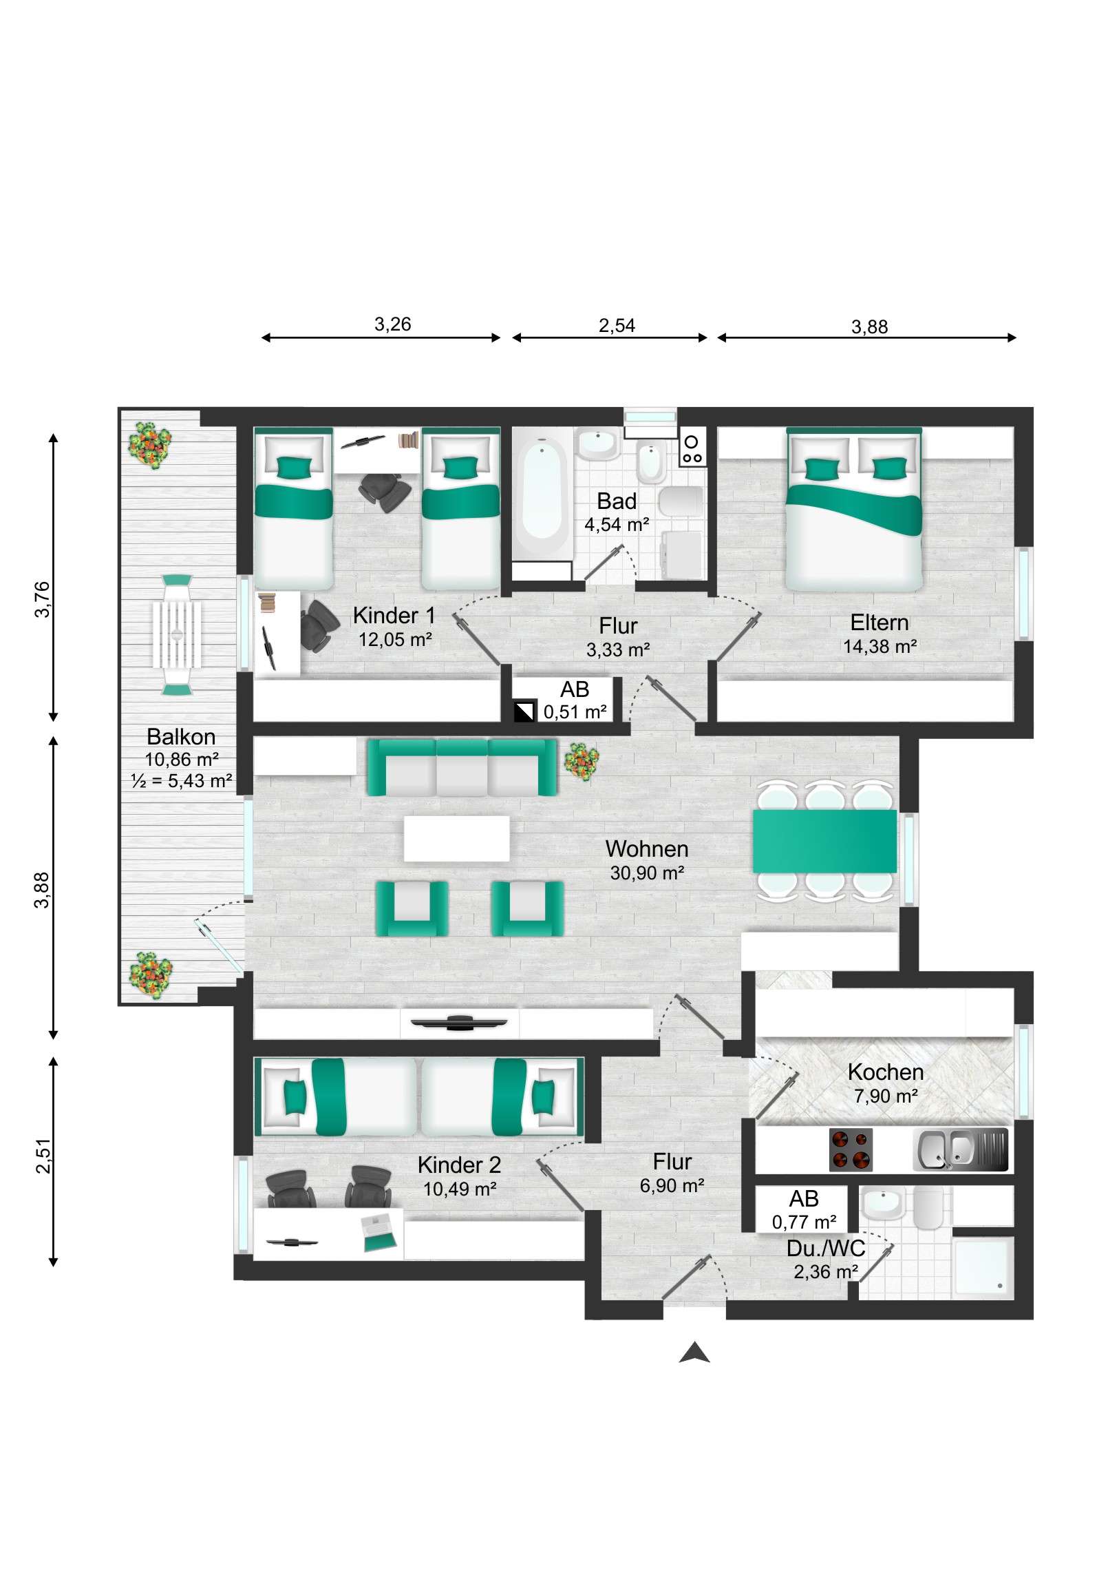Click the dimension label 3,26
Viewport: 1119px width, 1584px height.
[x=392, y=324]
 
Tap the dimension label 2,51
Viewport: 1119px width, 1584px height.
[x=43, y=1156]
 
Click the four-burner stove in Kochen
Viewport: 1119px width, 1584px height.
[x=850, y=1150]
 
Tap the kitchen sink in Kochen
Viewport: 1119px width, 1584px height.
[x=960, y=1150]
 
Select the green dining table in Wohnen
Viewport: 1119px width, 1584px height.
[x=824, y=841]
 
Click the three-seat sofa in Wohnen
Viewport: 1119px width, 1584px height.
[x=461, y=767]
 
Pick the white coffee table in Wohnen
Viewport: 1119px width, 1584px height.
[x=456, y=838]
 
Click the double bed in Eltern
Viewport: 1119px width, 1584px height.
[x=853, y=510]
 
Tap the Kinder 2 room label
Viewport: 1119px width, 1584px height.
[x=459, y=1165]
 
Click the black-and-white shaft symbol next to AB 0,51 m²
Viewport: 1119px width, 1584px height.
[x=524, y=711]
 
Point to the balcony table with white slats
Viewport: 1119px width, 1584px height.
[x=177, y=634]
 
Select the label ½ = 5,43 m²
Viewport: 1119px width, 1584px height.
[x=181, y=781]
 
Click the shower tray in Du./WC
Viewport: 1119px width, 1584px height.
[x=982, y=1267]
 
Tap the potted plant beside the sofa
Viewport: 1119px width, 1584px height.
[x=582, y=761]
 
